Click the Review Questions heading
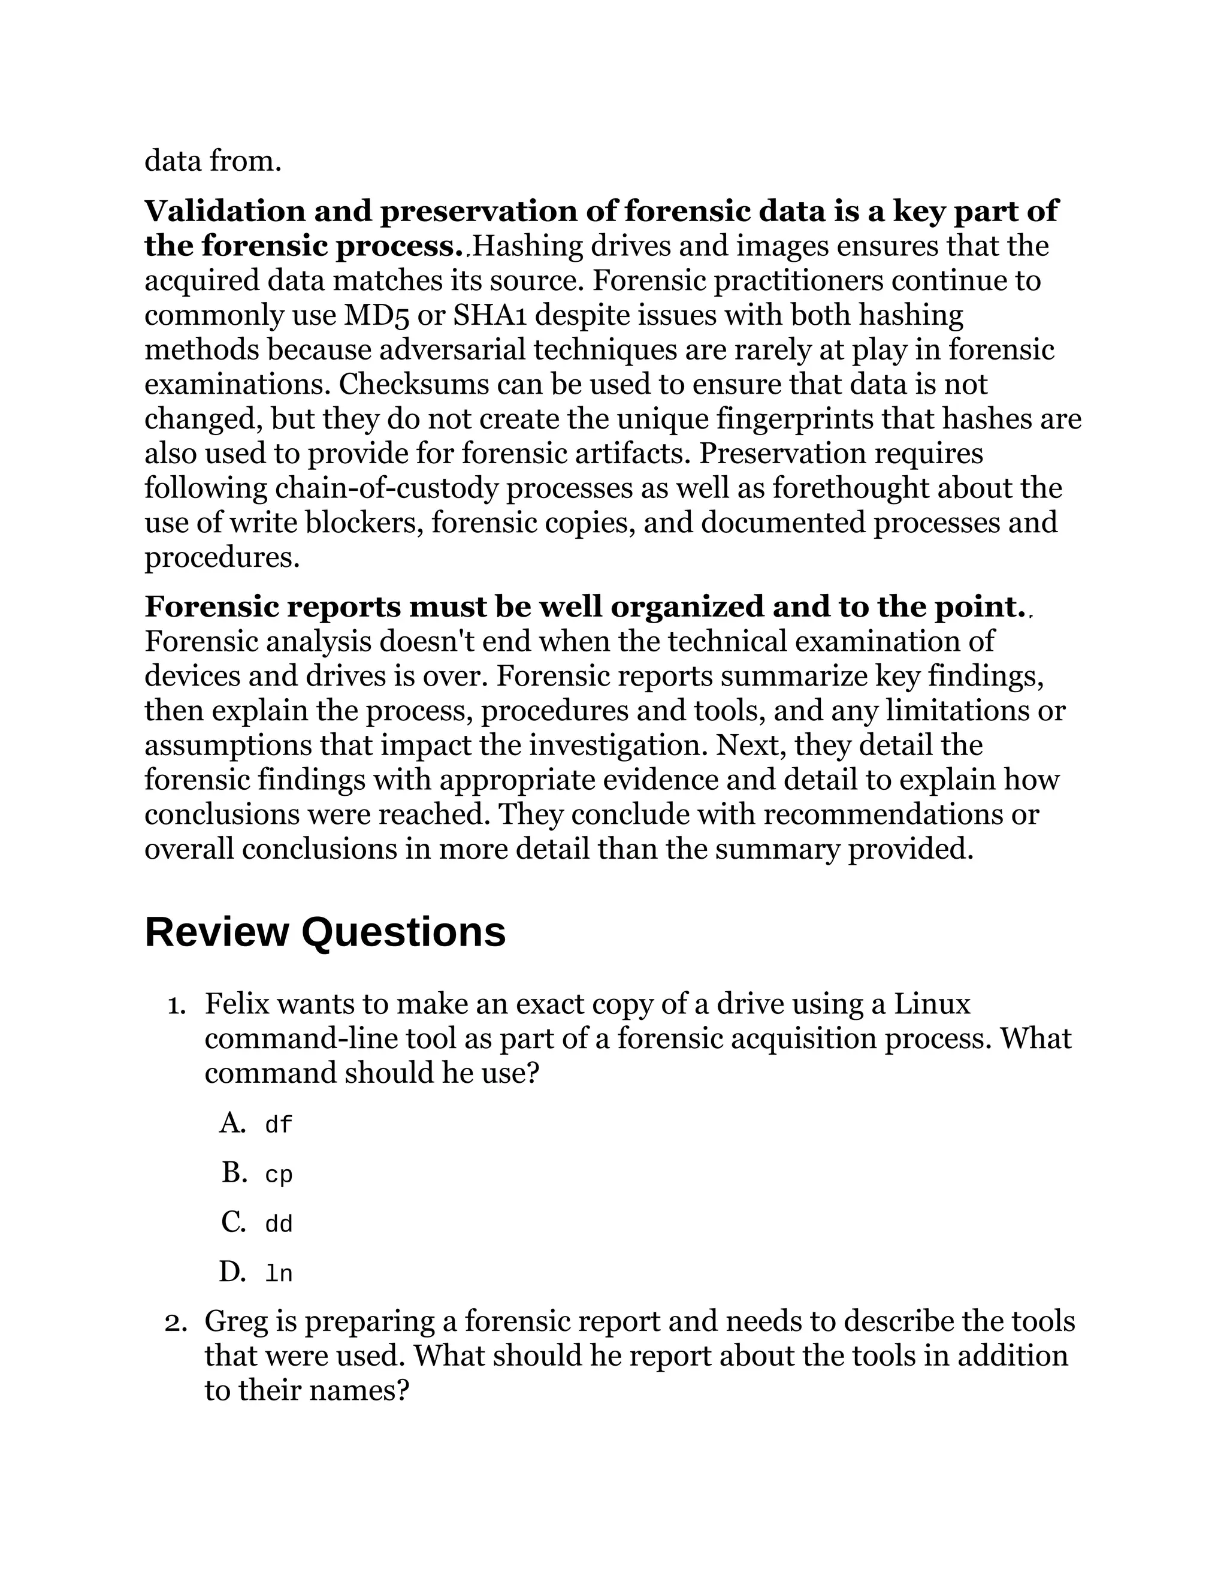pos(325,933)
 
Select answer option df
pos(279,1125)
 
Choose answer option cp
pos(279,1175)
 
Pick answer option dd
pos(279,1224)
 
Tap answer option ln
pos(279,1274)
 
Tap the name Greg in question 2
pos(235,1321)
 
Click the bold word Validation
pos(225,212)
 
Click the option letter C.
pos(233,1222)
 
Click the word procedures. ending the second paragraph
pos(222,558)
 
